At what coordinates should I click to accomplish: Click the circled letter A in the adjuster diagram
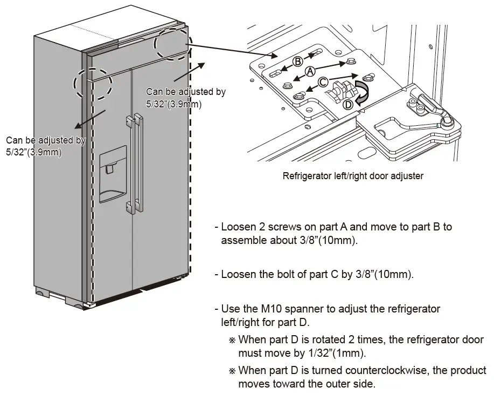point(310,71)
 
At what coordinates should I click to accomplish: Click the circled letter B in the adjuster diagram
point(298,61)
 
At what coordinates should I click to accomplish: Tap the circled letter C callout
point(322,83)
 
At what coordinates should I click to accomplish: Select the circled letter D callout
point(349,104)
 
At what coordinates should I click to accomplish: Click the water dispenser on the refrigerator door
point(112,173)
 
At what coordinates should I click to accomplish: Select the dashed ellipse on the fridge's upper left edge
point(92,85)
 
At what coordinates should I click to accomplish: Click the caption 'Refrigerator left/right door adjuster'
point(353,175)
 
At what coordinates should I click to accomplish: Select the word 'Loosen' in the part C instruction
point(237,274)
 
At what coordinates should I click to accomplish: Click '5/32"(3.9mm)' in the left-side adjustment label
point(34,152)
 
